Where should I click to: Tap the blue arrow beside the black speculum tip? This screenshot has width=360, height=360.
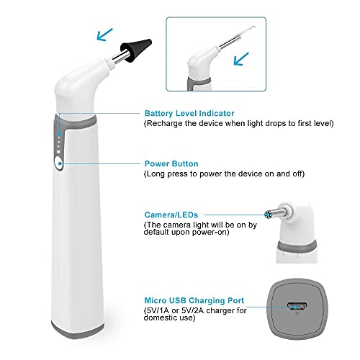tap(106, 33)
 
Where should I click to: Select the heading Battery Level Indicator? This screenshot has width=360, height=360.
tap(189, 114)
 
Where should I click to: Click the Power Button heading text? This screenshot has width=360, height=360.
tap(171, 163)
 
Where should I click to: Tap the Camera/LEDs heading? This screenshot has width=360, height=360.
tap(171, 215)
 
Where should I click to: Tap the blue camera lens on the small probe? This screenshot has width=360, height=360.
tap(269, 215)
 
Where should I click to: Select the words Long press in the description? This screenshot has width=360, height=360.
tap(167, 174)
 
